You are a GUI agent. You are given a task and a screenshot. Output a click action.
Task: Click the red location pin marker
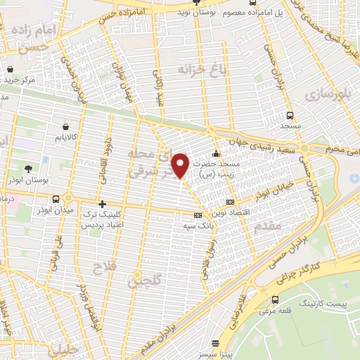(x=181, y=165)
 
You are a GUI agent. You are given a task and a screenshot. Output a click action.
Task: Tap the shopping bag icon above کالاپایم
(x=66, y=127)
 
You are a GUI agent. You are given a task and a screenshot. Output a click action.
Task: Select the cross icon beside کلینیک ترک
(x=103, y=204)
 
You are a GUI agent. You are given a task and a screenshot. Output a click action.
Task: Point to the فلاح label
(x=101, y=267)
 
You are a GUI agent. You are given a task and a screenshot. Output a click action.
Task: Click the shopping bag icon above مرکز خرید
(x=11, y=70)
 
